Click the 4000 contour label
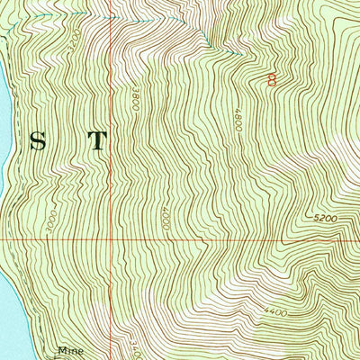point(167,217)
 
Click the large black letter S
point(38,141)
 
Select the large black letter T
point(96,141)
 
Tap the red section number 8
point(272,79)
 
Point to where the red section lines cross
point(112,241)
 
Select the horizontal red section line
point(225,241)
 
